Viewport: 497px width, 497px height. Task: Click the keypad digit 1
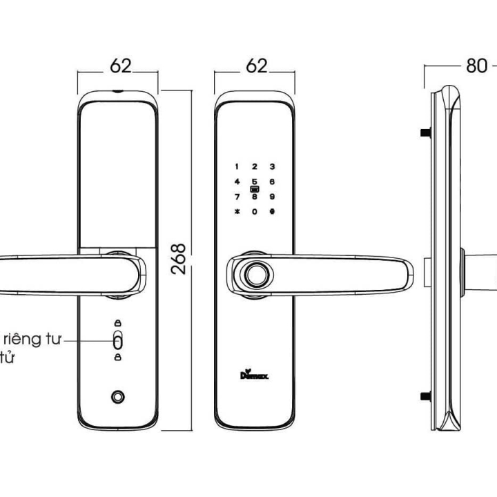[237, 166]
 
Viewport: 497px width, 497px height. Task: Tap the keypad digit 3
[272, 166]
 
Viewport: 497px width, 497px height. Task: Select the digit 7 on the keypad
[237, 196]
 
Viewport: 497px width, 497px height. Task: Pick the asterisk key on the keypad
[237, 211]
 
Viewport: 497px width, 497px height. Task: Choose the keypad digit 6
[272, 182]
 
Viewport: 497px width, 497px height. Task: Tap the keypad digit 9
[272, 196]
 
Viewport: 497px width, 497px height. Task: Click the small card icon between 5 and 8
[254, 189]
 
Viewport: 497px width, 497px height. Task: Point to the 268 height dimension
[179, 259]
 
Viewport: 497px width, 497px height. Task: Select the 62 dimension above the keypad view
[255, 66]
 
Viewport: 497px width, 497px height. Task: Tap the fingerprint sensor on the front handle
[255, 275]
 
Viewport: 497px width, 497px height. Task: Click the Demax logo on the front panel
[255, 376]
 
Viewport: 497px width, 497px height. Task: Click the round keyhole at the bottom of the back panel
[118, 398]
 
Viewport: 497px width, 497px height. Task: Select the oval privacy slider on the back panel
[117, 340]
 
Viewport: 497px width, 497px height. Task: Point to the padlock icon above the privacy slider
[117, 323]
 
